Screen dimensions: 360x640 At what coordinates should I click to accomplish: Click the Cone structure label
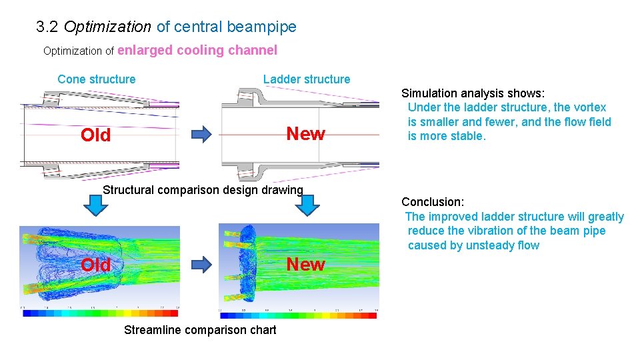[x=96, y=79]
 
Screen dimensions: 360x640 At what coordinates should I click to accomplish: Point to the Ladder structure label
[x=306, y=79]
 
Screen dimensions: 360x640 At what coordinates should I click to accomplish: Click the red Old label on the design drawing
[x=95, y=135]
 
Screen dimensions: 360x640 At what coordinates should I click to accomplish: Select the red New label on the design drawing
[x=305, y=134]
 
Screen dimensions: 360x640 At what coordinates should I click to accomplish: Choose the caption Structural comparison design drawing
[x=203, y=190]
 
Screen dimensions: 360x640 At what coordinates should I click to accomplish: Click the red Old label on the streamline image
[x=95, y=265]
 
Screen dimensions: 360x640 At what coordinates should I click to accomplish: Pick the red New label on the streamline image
[x=305, y=265]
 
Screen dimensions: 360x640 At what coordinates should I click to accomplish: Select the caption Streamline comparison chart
[x=200, y=330]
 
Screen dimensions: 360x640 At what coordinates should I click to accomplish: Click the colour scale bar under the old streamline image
[x=100, y=313]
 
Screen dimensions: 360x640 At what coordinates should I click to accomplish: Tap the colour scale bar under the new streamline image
[x=298, y=315]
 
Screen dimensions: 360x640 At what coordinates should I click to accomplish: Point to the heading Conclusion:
[x=433, y=201]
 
